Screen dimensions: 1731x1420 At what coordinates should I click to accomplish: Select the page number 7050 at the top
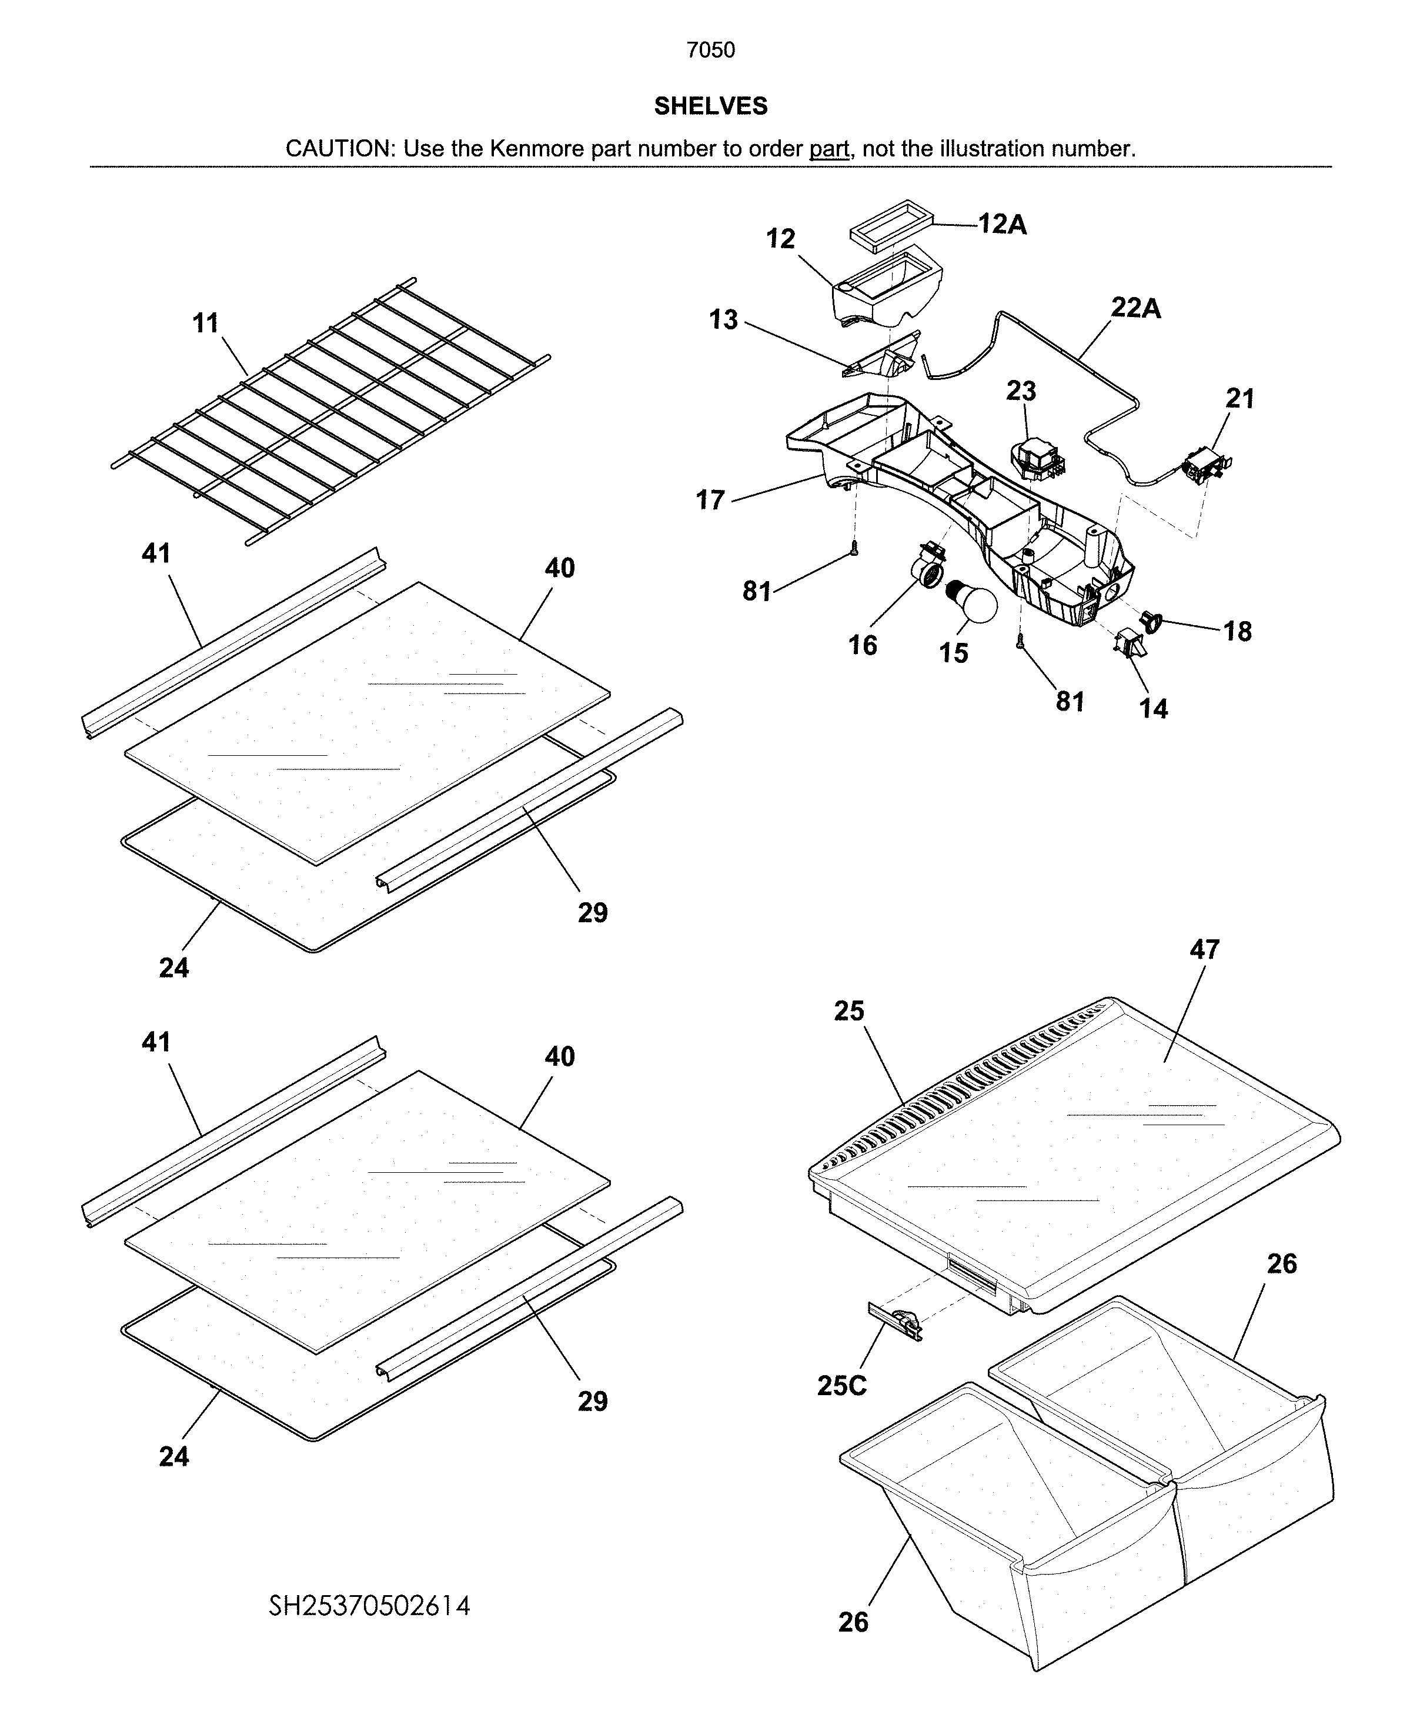(710, 51)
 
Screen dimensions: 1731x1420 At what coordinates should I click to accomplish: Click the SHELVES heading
(710, 105)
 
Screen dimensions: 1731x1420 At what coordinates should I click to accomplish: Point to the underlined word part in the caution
(828, 149)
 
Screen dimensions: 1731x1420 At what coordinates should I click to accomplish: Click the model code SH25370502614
(370, 1606)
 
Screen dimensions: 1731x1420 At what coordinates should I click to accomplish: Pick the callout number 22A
(1135, 308)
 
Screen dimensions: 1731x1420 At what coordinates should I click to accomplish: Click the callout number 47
(1204, 950)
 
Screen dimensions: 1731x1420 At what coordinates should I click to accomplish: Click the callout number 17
(710, 500)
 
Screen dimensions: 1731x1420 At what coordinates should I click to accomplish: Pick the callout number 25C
(841, 1385)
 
